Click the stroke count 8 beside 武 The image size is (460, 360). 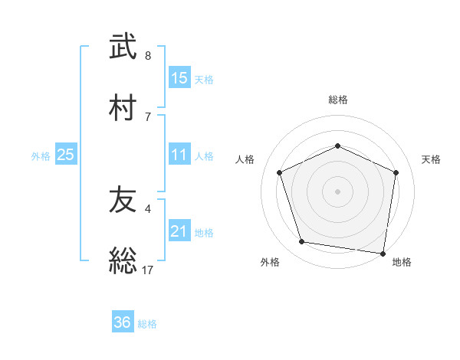point(148,56)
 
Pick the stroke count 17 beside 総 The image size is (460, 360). point(148,269)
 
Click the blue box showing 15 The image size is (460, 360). point(179,77)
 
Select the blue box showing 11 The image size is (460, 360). point(179,155)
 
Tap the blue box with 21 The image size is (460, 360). point(179,231)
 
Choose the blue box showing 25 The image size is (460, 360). point(65,155)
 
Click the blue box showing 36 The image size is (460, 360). point(122,322)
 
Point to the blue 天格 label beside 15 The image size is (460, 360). point(204,79)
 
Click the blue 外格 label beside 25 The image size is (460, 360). point(41,156)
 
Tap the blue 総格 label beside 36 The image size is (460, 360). point(147,324)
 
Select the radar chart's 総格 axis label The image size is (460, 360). point(337,100)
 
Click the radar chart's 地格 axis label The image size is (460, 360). point(402,262)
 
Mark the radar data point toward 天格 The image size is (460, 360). point(396,172)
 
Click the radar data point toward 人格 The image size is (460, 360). point(280,172)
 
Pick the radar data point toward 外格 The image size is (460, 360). point(302,242)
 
